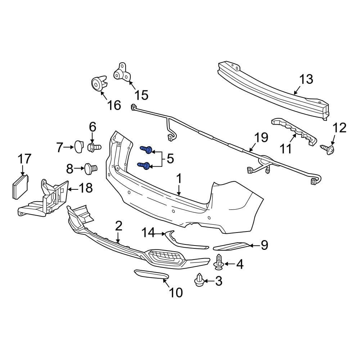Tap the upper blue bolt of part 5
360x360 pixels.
146,149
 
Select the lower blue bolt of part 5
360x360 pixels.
144,165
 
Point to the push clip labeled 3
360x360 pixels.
199,280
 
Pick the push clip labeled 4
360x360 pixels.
219,262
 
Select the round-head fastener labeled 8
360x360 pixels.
91,169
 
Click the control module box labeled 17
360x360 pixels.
20,187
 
